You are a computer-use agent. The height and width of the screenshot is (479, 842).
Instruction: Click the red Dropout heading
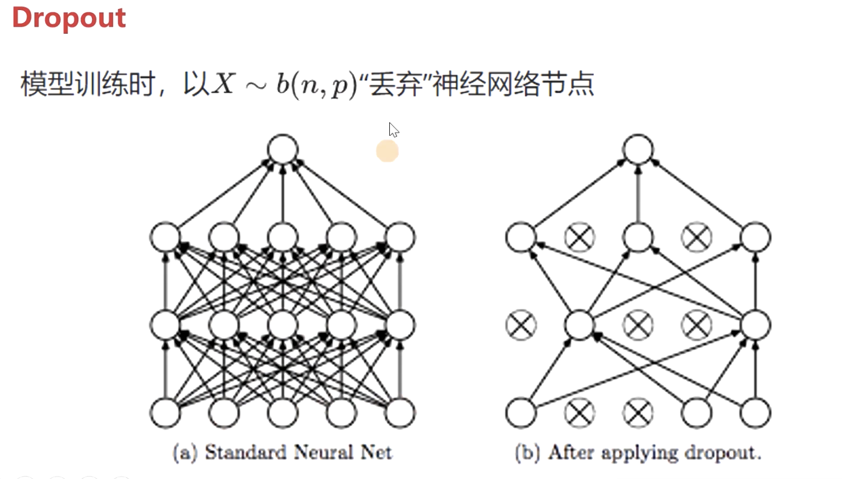[x=69, y=18]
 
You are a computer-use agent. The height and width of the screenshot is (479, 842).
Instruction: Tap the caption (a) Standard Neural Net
[x=282, y=453]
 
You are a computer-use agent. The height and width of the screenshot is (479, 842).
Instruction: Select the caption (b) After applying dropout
[x=638, y=453]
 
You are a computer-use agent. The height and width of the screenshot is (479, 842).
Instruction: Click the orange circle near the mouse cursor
[x=388, y=152]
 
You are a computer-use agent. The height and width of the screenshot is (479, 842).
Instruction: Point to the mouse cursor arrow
[x=392, y=129]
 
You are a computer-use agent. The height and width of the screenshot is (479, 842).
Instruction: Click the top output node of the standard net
[x=282, y=149]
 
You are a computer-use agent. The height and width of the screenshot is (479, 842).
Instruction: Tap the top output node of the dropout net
[x=638, y=149]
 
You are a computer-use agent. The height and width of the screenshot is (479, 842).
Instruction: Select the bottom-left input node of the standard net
[x=165, y=413]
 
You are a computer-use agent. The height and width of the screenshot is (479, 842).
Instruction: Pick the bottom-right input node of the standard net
[x=400, y=413]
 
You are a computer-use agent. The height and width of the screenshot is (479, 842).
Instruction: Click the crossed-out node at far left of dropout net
[x=521, y=325]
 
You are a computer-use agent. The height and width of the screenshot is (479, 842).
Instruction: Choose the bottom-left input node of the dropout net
[x=521, y=413]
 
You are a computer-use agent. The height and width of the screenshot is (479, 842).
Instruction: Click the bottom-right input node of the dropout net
[x=755, y=413]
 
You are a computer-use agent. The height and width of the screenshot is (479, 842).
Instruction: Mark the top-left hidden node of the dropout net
[x=521, y=238]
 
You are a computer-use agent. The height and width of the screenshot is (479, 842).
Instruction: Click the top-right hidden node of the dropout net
[x=755, y=238]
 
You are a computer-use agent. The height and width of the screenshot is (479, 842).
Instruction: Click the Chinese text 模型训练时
[x=79, y=85]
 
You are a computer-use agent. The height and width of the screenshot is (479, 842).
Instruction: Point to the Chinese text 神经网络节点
[x=513, y=85]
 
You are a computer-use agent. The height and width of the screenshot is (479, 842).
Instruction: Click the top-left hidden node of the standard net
[x=165, y=238]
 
